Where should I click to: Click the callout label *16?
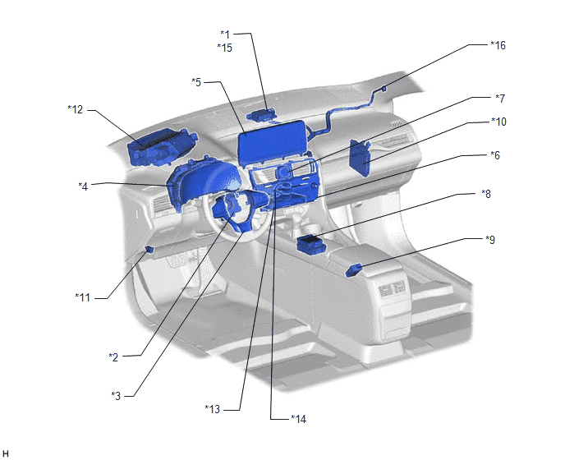[x=498, y=45]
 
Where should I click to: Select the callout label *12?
[x=75, y=109]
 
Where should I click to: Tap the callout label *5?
[x=196, y=82]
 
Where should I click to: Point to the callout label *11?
[x=82, y=297]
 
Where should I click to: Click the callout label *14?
[x=298, y=419]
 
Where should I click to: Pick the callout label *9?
[x=490, y=240]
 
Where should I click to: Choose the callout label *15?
[x=224, y=48]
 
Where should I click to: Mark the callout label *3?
[x=116, y=396]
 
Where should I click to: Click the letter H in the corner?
[x=6, y=454]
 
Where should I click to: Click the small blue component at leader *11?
[x=149, y=248]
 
